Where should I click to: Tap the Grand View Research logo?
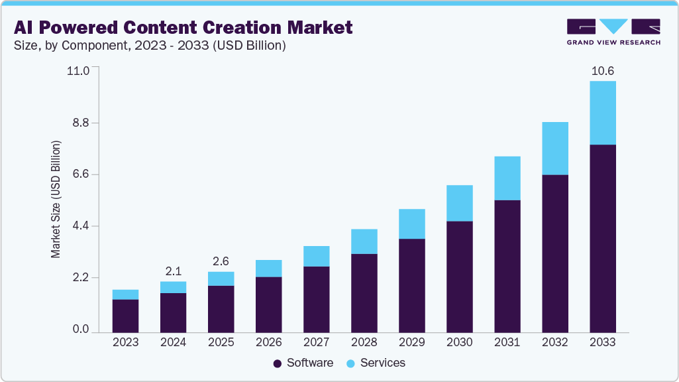point(613,32)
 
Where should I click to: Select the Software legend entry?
point(303,363)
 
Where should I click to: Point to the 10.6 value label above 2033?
point(602,71)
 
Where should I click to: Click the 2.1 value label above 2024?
point(173,271)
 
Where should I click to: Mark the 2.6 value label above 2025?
point(221,261)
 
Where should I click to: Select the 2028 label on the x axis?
point(364,343)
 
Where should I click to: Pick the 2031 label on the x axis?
point(507,343)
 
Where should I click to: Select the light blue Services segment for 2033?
point(602,113)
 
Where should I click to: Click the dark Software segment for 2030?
point(459,277)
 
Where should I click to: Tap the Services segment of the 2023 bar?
point(125,294)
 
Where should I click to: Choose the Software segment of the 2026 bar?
point(268,304)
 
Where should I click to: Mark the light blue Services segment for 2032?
point(554,149)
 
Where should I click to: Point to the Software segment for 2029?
point(411,285)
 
